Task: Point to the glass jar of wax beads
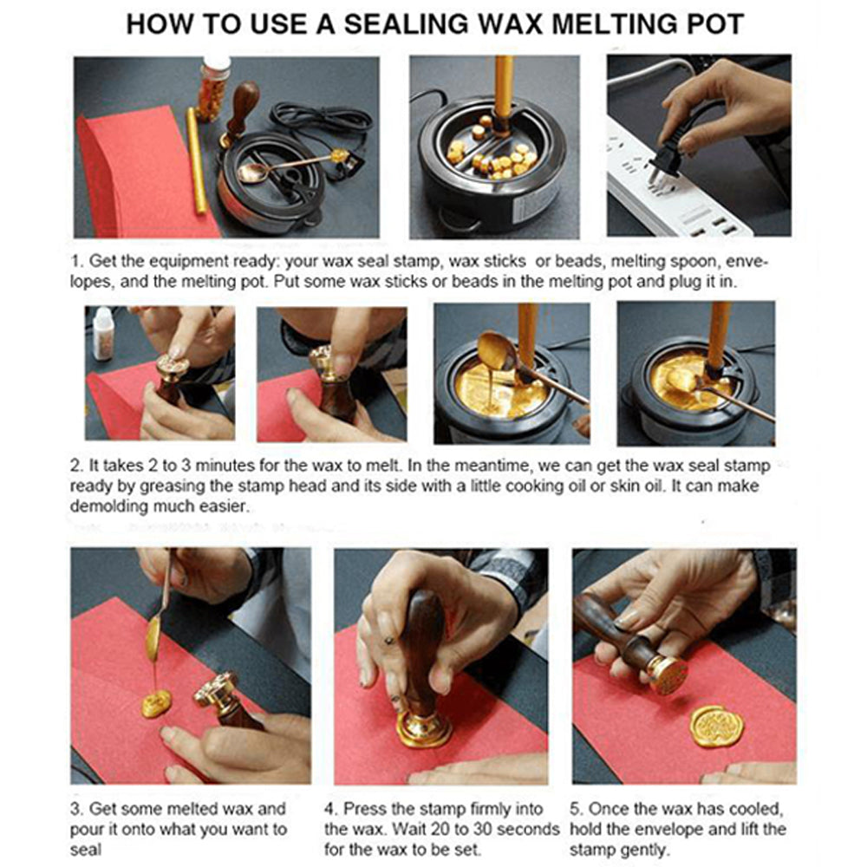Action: point(212,87)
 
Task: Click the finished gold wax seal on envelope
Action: point(715,725)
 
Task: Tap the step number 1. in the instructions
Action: point(77,261)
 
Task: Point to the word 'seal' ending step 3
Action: point(85,850)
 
